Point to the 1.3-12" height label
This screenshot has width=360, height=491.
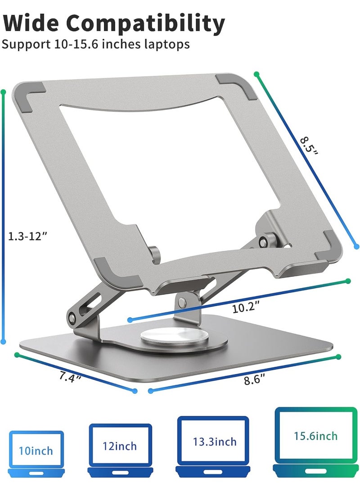[28, 235]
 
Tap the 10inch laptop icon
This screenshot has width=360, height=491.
[36, 452]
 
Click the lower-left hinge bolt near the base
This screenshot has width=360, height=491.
[72, 318]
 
